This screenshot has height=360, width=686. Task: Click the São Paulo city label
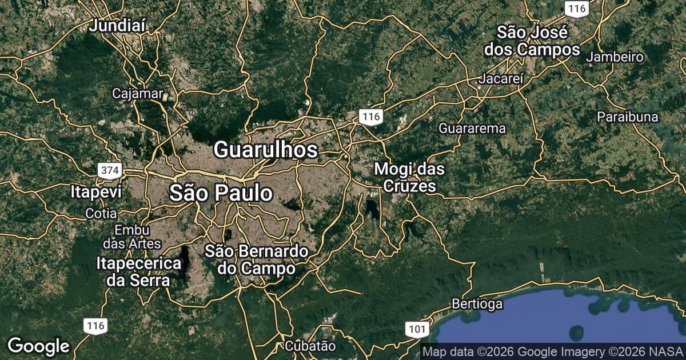coord(221,194)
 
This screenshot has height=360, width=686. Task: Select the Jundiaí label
coord(118,25)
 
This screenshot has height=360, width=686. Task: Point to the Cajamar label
coord(138,93)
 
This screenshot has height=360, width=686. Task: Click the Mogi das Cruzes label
coord(409,177)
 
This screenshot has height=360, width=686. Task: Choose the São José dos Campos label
coord(532,41)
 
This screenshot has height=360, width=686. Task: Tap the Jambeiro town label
coord(615,57)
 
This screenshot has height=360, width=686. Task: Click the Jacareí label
coord(502,79)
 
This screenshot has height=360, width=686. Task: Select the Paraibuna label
coord(627,117)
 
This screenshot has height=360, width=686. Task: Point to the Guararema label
coord(472,129)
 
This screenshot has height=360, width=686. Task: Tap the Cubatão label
coord(310,346)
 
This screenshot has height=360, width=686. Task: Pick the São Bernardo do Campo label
coord(257,259)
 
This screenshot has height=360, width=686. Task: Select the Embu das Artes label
coord(132,237)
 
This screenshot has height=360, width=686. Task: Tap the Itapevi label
coord(97,191)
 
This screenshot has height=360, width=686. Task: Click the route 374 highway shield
coord(109,170)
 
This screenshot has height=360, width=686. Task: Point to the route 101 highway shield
coord(417,329)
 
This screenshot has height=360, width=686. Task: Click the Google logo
coord(38,346)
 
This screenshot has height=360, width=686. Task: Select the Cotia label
coord(101,214)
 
